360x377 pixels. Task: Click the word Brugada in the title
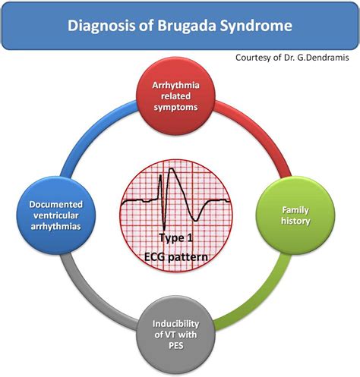(x=187, y=26)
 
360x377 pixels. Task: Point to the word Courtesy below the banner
(x=252, y=58)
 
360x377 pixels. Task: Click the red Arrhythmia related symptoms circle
(x=176, y=96)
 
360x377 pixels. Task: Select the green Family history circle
(x=295, y=215)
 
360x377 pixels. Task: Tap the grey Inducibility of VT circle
(x=176, y=335)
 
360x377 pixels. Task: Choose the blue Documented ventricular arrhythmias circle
(x=56, y=215)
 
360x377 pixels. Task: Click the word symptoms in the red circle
(x=176, y=107)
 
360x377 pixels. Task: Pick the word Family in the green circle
(x=295, y=210)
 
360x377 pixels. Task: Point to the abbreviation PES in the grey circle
(x=176, y=345)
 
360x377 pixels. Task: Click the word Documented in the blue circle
(x=56, y=204)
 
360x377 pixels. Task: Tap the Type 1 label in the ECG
(x=176, y=238)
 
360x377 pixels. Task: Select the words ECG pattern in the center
(x=176, y=257)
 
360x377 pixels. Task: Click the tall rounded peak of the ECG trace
(x=172, y=170)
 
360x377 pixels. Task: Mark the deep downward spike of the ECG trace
(x=164, y=227)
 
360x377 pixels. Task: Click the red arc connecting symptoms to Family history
(x=261, y=131)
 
